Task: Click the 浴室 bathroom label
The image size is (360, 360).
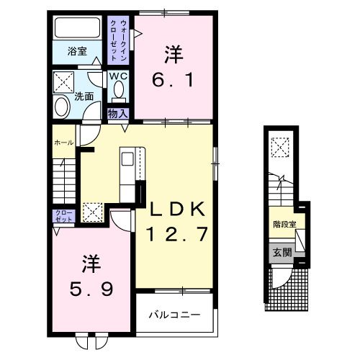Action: coord(77,52)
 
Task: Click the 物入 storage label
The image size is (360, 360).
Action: coord(117,113)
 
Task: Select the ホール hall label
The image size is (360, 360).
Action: coord(63,143)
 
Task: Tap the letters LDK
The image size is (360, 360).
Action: coord(179,210)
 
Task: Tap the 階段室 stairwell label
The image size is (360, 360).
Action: coord(284,224)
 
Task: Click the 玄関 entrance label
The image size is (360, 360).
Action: coord(282,253)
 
